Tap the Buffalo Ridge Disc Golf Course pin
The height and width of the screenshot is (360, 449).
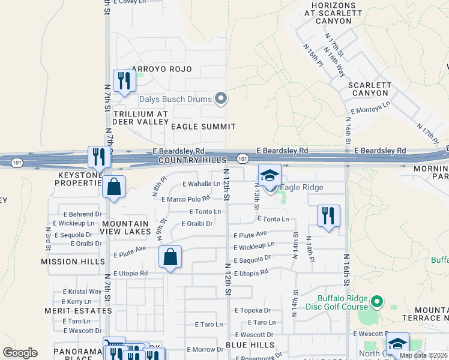pyautogui.click(x=377, y=301)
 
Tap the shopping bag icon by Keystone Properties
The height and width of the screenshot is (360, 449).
pyautogui.click(x=113, y=187)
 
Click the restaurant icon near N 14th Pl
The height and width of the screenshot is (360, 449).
pyautogui.click(x=328, y=216)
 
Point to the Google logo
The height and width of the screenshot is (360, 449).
pyautogui.click(x=20, y=353)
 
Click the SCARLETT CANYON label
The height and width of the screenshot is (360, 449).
pyautogui.click(x=370, y=89)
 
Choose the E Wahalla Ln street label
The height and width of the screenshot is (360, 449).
pyautogui.click(x=201, y=184)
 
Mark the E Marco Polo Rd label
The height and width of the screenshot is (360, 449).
pyautogui.click(x=185, y=198)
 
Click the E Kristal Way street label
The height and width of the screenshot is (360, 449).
pyautogui.click(x=82, y=292)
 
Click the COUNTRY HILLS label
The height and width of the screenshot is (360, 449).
pyautogui.click(x=193, y=161)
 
